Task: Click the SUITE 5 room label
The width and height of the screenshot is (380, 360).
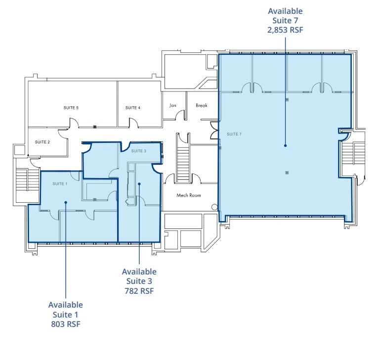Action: [71, 107]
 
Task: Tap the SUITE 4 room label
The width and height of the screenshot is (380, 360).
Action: [132, 107]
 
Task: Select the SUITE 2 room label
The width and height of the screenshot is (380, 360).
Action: [42, 142]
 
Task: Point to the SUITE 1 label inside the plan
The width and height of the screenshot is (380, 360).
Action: [60, 183]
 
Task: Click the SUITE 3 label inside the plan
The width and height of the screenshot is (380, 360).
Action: [138, 151]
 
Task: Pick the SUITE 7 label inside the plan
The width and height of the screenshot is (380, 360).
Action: [234, 134]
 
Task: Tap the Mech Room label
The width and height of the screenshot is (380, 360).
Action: [189, 195]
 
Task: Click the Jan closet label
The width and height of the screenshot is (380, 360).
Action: [173, 105]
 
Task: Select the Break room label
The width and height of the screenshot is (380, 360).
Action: [202, 105]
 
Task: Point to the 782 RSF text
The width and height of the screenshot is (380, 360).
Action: [139, 290]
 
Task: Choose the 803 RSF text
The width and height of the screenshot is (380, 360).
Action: [65, 324]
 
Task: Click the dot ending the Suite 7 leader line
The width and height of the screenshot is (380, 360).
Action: [285, 145]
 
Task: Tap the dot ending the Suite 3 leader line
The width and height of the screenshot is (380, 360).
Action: [139, 184]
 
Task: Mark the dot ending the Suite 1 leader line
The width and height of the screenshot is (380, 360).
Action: [65, 202]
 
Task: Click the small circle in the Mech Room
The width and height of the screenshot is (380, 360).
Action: [213, 207]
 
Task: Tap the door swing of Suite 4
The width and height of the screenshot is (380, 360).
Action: [133, 122]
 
